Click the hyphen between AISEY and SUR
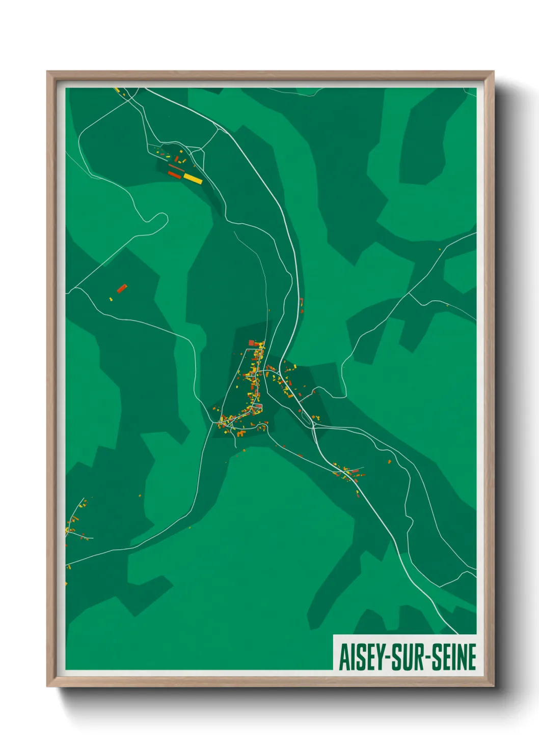coord(389,657)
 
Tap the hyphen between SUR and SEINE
coord(429,657)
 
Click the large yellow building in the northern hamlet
coord(193,178)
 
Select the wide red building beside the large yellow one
coord(175,175)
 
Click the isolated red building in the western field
coord(122,288)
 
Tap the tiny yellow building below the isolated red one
coord(111,299)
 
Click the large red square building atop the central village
coord(251,343)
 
